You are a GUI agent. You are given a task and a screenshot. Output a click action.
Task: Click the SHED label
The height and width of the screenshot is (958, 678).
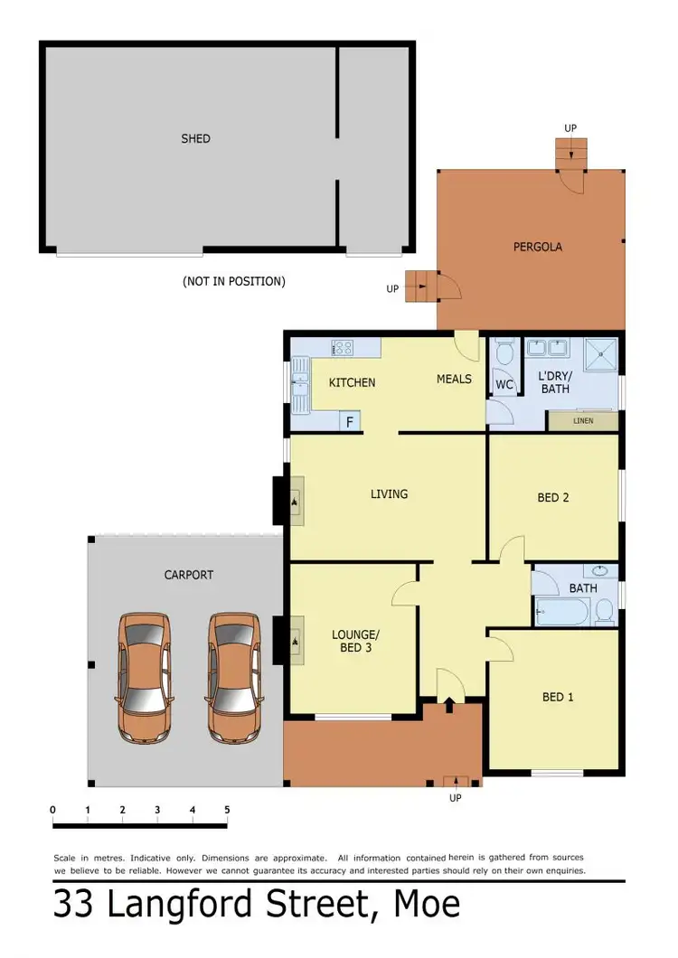click(x=195, y=138)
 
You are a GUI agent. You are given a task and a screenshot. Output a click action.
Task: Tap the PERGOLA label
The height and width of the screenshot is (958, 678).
click(x=538, y=246)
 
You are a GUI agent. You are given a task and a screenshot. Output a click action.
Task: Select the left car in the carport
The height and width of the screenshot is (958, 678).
click(x=145, y=677)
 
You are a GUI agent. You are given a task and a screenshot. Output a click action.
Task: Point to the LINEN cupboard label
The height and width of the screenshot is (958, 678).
click(x=583, y=420)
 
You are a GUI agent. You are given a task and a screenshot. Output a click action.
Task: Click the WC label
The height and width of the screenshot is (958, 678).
click(x=504, y=384)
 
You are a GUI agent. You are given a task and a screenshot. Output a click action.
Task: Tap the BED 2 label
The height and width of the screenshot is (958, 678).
click(x=552, y=497)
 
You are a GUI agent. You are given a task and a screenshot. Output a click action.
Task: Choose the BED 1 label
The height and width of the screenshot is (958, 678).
click(x=558, y=697)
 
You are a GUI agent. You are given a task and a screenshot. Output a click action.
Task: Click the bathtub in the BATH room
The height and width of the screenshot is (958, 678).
click(x=560, y=612)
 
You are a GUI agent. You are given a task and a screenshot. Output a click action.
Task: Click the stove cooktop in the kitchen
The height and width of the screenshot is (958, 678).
click(x=342, y=347)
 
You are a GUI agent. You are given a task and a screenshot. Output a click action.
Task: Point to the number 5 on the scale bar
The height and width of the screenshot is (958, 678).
click(x=227, y=810)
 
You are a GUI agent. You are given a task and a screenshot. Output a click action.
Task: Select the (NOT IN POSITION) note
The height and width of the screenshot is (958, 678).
click(x=233, y=281)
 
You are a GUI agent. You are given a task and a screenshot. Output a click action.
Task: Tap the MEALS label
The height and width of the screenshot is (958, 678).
click(x=454, y=379)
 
